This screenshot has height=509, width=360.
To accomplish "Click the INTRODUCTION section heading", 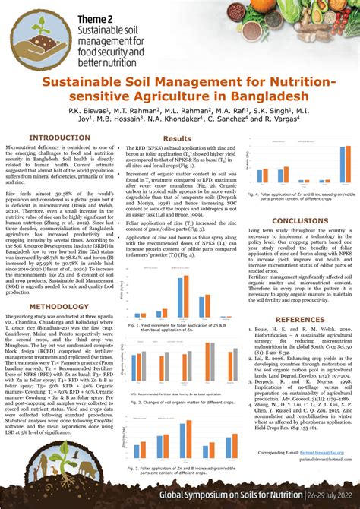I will coord(55,138).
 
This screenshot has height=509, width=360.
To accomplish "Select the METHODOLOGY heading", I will coord(55,286).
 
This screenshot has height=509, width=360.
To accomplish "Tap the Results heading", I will coord(177,138).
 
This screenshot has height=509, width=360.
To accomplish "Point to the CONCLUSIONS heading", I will coord(300,221).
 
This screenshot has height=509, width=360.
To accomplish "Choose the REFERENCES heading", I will coord(300,319).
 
